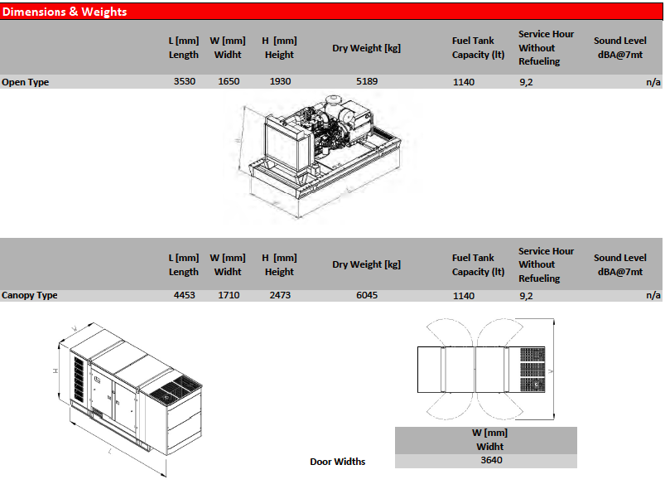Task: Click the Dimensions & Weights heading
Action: pos(65,12)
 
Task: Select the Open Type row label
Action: pos(26,82)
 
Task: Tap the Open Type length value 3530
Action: pos(185,81)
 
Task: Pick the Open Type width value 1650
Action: pos(229,81)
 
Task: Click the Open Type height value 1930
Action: pos(281,81)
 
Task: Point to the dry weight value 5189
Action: pos(367,81)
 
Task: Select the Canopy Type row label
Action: pos(30,295)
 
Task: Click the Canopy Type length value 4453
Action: pos(185,295)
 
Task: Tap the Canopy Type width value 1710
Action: pos(229,295)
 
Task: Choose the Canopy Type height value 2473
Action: pos(281,295)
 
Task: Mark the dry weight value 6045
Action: pos(367,295)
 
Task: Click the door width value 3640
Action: pos(492,460)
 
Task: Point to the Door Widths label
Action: pos(338,462)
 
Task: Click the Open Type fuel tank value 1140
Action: pos(464,82)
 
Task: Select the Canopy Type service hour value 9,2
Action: pos(526,296)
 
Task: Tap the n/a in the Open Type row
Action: pos(653,82)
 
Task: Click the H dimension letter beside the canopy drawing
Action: pos(55,371)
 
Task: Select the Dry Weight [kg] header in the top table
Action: pos(366,48)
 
